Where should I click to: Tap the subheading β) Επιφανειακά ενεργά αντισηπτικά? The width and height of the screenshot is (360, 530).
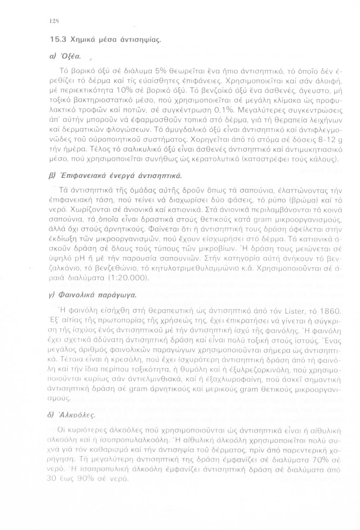click(x=117, y=175)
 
